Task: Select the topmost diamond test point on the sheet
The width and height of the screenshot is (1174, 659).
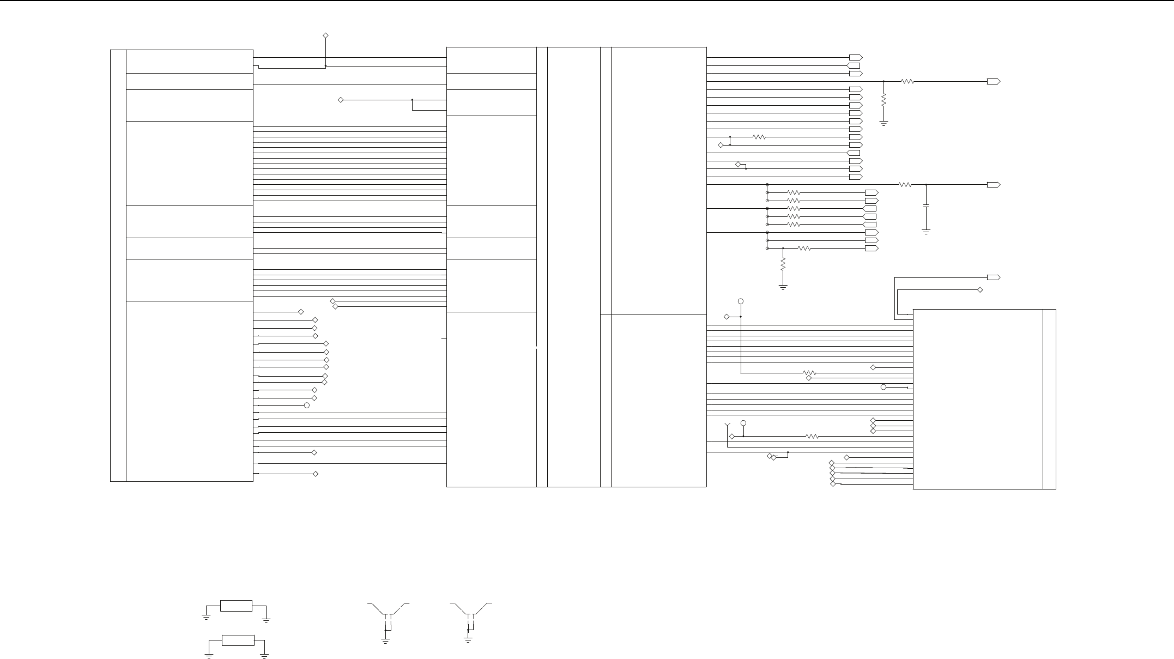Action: (x=326, y=35)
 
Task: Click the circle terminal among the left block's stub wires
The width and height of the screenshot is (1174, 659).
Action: (x=307, y=406)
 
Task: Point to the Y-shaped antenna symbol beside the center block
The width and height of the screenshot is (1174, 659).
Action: (x=727, y=425)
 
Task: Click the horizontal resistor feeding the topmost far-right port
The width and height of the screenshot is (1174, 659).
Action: (x=907, y=81)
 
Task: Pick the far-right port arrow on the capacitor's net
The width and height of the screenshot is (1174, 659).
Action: (x=994, y=185)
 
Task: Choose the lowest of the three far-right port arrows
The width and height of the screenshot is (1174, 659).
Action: (x=994, y=277)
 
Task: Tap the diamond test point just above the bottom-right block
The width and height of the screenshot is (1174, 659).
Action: (x=981, y=289)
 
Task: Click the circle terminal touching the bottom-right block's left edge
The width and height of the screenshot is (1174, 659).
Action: (x=883, y=387)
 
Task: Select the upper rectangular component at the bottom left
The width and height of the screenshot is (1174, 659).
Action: (x=236, y=606)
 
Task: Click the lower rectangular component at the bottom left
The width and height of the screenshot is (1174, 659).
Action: (x=238, y=640)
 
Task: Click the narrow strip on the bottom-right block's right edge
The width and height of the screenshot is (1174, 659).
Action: (x=1049, y=399)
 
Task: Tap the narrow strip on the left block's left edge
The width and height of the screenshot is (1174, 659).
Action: (x=118, y=265)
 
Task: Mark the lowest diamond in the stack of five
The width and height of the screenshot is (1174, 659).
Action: (x=832, y=485)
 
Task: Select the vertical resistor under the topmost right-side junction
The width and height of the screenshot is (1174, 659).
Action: (x=884, y=100)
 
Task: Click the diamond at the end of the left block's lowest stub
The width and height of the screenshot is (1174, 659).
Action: (x=316, y=474)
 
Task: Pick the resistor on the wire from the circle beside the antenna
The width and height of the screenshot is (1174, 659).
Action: (x=812, y=436)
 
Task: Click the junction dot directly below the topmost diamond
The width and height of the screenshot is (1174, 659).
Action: (x=326, y=66)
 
